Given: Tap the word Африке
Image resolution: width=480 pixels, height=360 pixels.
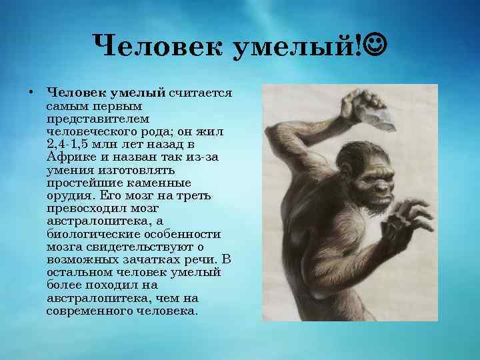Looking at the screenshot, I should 73,159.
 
